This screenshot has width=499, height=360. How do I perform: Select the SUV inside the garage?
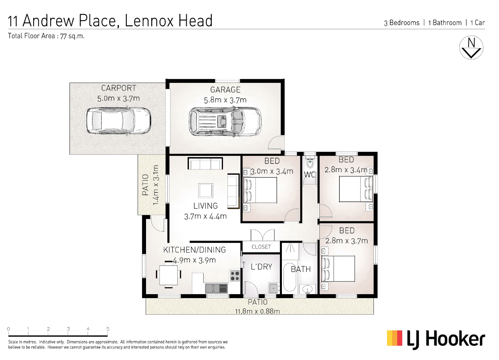tap(225, 121)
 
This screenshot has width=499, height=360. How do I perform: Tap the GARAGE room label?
tap(225, 90)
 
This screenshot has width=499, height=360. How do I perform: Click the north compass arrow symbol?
tap(471, 48)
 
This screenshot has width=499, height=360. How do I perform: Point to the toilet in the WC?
tap(310, 162)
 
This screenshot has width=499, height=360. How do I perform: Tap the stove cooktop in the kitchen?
tap(235, 275)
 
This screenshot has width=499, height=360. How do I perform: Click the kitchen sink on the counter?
tap(216, 289)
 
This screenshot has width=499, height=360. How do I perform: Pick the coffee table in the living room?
tap(206, 191)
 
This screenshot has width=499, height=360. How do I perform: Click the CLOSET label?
tap(261, 247)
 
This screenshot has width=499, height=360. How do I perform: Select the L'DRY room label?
tap(261, 267)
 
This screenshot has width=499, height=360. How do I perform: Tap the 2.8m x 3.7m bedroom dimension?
tap(346, 241)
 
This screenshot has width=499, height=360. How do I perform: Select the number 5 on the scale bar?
tap(108, 329)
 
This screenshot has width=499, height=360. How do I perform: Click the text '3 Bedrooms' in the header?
tap(401, 23)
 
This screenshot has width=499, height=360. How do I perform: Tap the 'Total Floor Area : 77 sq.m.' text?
tap(47, 36)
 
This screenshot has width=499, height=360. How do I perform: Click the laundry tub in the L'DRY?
tap(273, 287)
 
